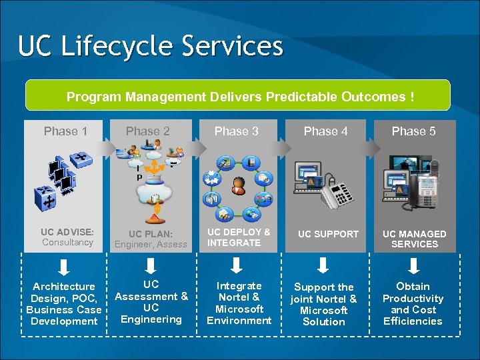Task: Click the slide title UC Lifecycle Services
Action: [x=151, y=47]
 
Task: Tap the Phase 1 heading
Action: [x=65, y=131]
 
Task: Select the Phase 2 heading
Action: [x=148, y=131]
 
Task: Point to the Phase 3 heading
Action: [x=236, y=131]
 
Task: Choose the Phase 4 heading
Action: [x=325, y=131]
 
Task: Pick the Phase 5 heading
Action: [x=413, y=131]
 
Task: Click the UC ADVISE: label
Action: [x=67, y=232]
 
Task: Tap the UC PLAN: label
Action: [x=151, y=234]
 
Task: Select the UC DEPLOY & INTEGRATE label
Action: [x=239, y=237]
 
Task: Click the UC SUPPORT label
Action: [x=328, y=234]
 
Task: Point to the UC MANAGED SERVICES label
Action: [x=414, y=239]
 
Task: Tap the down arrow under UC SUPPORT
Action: [x=323, y=266]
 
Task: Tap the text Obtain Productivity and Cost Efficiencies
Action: [x=413, y=304]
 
